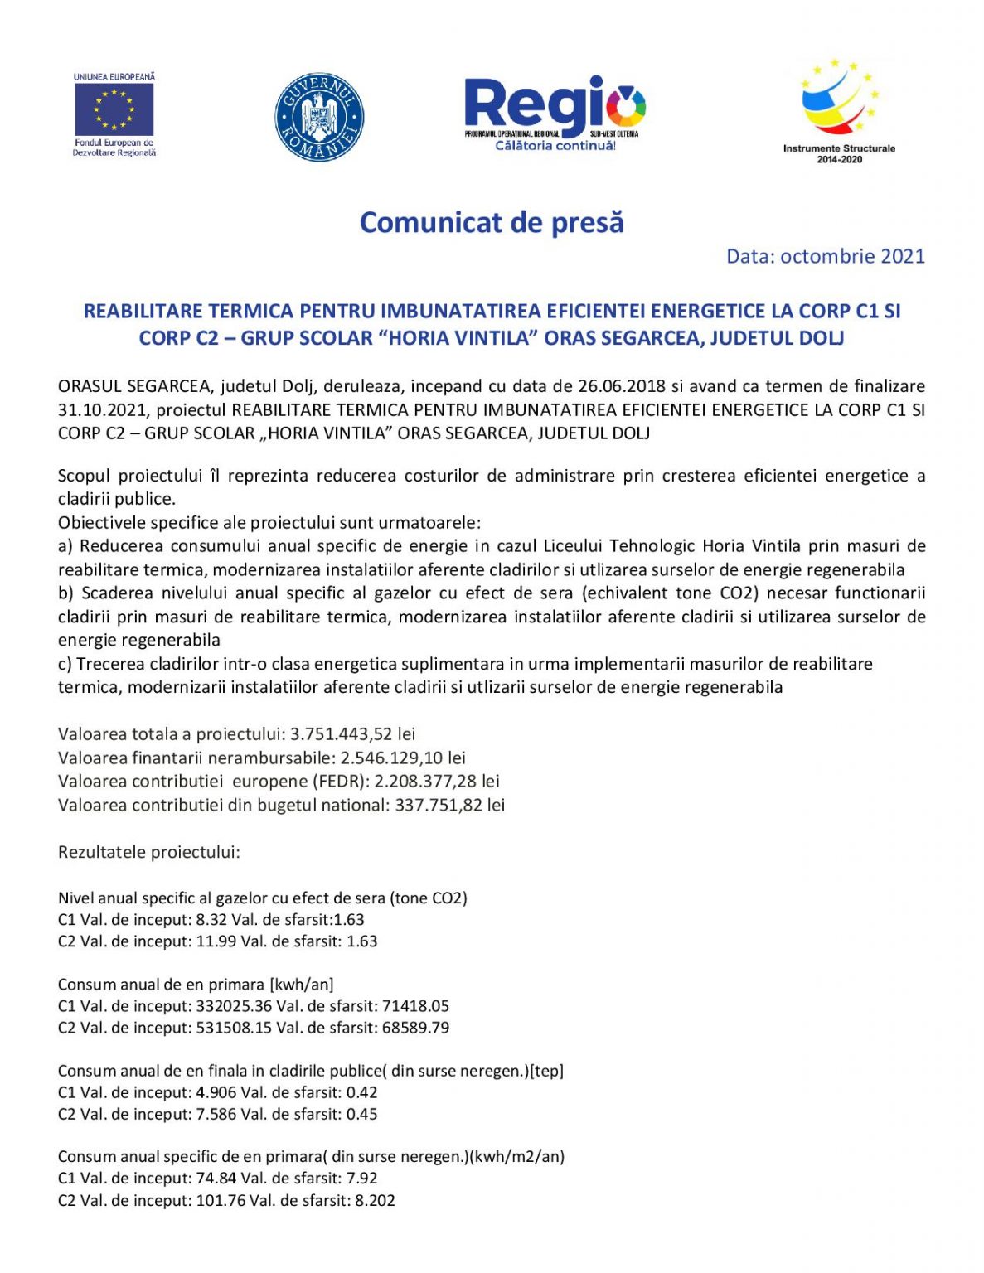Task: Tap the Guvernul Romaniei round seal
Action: coord(319,117)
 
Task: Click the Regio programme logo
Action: coord(555,114)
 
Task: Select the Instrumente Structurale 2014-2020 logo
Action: coord(839,110)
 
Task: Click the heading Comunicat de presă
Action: coord(492,222)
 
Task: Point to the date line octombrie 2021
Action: coord(825,256)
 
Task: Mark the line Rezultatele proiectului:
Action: coord(149,852)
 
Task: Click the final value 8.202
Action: coord(375,1200)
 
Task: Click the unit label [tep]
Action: coord(546,1071)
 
